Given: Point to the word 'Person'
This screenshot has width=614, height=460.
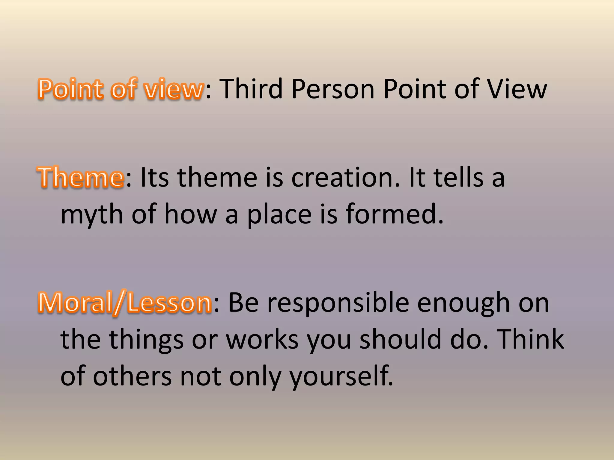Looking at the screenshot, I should [333, 89].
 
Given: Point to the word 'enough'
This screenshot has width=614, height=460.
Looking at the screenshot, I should [463, 303].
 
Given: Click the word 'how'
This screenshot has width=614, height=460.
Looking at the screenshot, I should [190, 214].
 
